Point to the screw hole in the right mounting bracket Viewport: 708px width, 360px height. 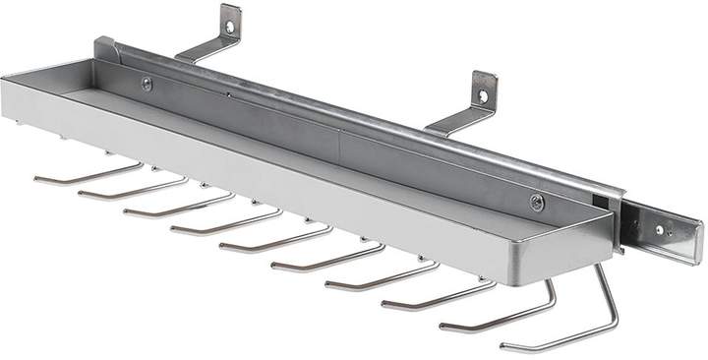pyautogui.click(x=483, y=95)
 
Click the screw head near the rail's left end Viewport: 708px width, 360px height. pyautogui.click(x=147, y=85)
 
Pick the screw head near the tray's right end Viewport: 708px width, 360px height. pyautogui.click(x=536, y=204)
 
